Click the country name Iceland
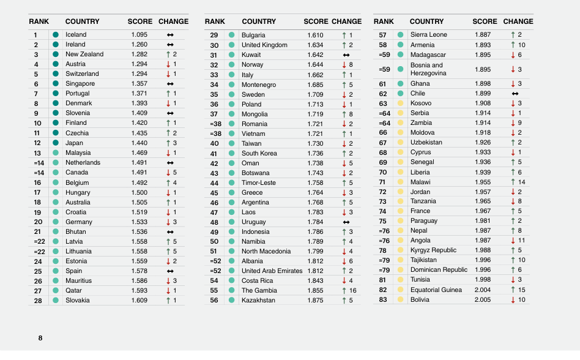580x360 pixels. [76, 35]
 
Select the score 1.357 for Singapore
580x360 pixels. [139, 84]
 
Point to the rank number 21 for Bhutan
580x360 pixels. [38, 232]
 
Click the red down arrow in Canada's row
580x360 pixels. [168, 173]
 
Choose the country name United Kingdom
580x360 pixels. [264, 45]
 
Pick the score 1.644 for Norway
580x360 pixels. [315, 65]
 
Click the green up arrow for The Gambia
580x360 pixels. [344, 291]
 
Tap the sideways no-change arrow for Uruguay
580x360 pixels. [346, 222]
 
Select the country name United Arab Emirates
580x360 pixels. [272, 271]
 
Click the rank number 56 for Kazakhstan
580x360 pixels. [214, 301]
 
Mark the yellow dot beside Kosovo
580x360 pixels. [400, 103]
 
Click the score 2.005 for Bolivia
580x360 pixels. [483, 300]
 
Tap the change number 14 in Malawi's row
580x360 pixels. [521, 182]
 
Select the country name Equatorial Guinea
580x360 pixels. [436, 290]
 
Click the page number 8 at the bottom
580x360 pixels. [40, 338]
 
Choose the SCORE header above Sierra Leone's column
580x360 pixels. [485, 21]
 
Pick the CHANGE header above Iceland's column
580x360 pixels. [173, 21]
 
